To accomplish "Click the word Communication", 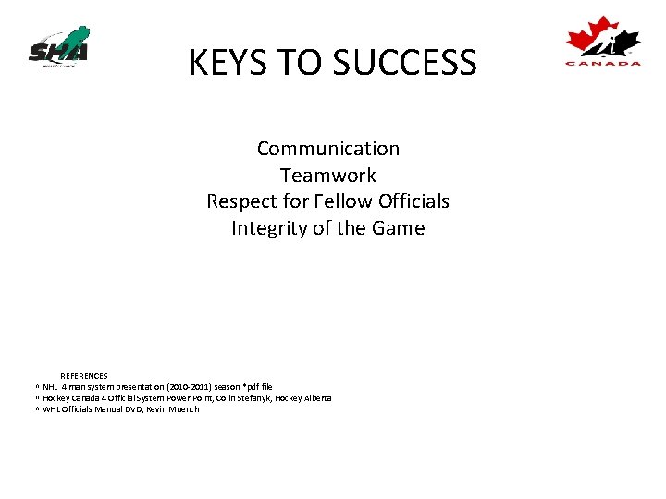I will [x=328, y=149].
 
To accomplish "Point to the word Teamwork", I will [x=328, y=176].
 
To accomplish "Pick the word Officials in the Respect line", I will [x=413, y=201].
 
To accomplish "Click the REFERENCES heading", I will [x=84, y=376].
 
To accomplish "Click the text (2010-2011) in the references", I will [x=182, y=387].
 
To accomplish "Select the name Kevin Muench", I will [x=172, y=409].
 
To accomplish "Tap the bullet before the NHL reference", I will [x=37, y=387].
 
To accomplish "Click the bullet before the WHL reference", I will [x=37, y=409].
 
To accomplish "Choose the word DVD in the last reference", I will [x=132, y=409].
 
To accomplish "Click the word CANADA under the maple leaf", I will [x=603, y=63].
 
